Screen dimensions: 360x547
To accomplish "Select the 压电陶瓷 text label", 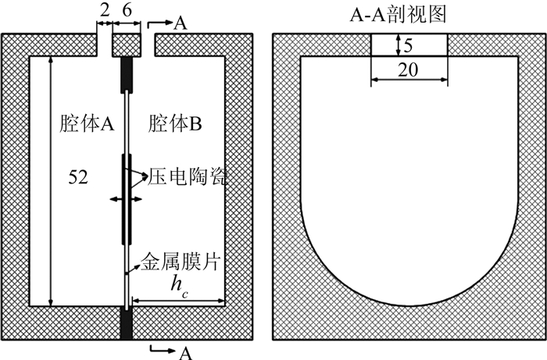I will (x=184, y=178).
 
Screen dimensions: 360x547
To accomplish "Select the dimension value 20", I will (x=409, y=70).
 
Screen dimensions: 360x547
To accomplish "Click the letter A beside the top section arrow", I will (x=180, y=23).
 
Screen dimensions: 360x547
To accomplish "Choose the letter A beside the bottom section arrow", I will (x=184, y=352).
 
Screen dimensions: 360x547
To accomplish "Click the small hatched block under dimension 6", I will (x=127, y=45).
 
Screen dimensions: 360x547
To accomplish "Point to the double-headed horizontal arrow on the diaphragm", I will (x=127, y=201).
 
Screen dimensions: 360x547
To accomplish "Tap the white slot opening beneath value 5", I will (x=409, y=45).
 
